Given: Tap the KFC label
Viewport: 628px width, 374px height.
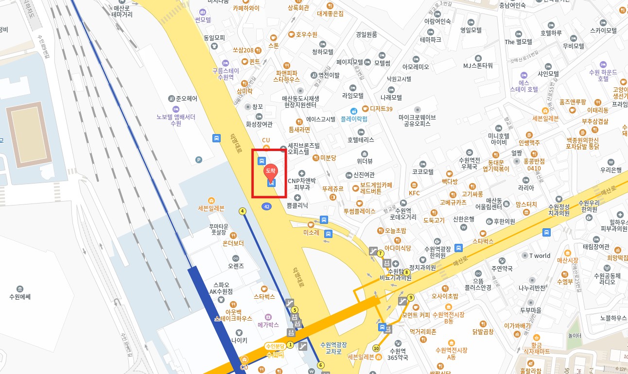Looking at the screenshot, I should tap(414, 193).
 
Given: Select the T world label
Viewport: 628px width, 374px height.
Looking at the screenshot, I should tap(540, 255).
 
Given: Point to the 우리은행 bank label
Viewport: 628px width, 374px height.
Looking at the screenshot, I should tap(611, 170).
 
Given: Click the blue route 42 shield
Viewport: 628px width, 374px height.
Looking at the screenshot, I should tap(266, 206).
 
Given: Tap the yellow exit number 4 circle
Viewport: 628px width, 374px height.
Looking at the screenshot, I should tap(242, 211).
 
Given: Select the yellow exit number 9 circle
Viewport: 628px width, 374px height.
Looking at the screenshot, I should tap(411, 298).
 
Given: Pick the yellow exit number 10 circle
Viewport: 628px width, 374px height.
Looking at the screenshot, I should tap(376, 348).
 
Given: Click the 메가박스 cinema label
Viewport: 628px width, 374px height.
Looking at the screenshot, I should tap(268, 324).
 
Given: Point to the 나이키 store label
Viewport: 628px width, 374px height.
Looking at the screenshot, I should tap(239, 340).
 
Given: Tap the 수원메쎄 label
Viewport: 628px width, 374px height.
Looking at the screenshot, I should tap(20, 296).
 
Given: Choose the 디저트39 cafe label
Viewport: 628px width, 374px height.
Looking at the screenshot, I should tap(381, 109).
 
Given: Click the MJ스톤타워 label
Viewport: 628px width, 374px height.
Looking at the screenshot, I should tap(478, 66).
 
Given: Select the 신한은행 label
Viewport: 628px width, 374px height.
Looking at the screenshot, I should tap(463, 219).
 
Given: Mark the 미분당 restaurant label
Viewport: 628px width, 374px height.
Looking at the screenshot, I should tap(328, 157).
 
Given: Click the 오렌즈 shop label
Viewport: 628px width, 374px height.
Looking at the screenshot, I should tap(236, 266).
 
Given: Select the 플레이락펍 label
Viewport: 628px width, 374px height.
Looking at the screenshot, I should tap(353, 119).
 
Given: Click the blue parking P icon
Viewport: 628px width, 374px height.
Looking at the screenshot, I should tap(198, 159).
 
